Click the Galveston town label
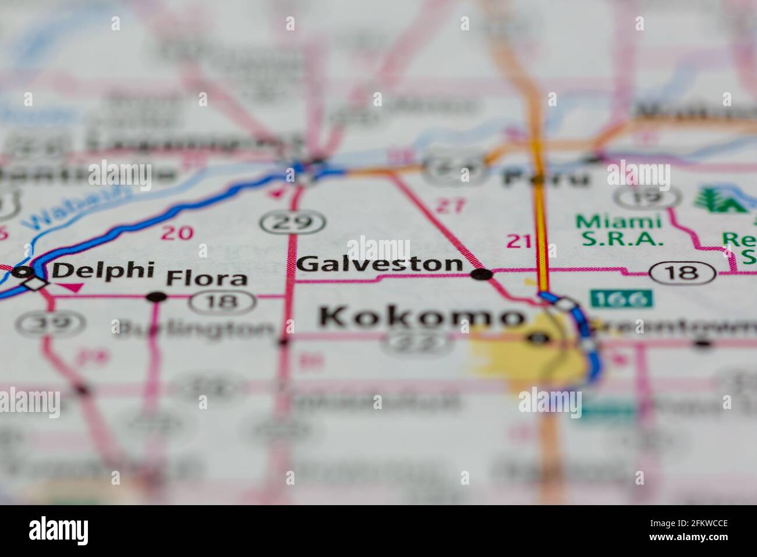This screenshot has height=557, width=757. (379, 264)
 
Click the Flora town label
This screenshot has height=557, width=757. (207, 278)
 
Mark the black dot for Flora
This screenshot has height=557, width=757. (156, 297)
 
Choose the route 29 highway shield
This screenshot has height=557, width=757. (292, 222)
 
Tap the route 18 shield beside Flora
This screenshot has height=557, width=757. (223, 301)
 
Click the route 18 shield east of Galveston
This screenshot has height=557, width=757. (682, 272)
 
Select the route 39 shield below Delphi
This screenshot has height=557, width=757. (50, 323)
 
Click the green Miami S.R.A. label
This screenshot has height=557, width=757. (619, 230)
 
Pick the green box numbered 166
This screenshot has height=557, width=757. (621, 299)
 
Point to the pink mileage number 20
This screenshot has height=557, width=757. (177, 233)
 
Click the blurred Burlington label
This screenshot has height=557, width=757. (194, 329)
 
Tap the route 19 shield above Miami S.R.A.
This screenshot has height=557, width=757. (640, 197)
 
